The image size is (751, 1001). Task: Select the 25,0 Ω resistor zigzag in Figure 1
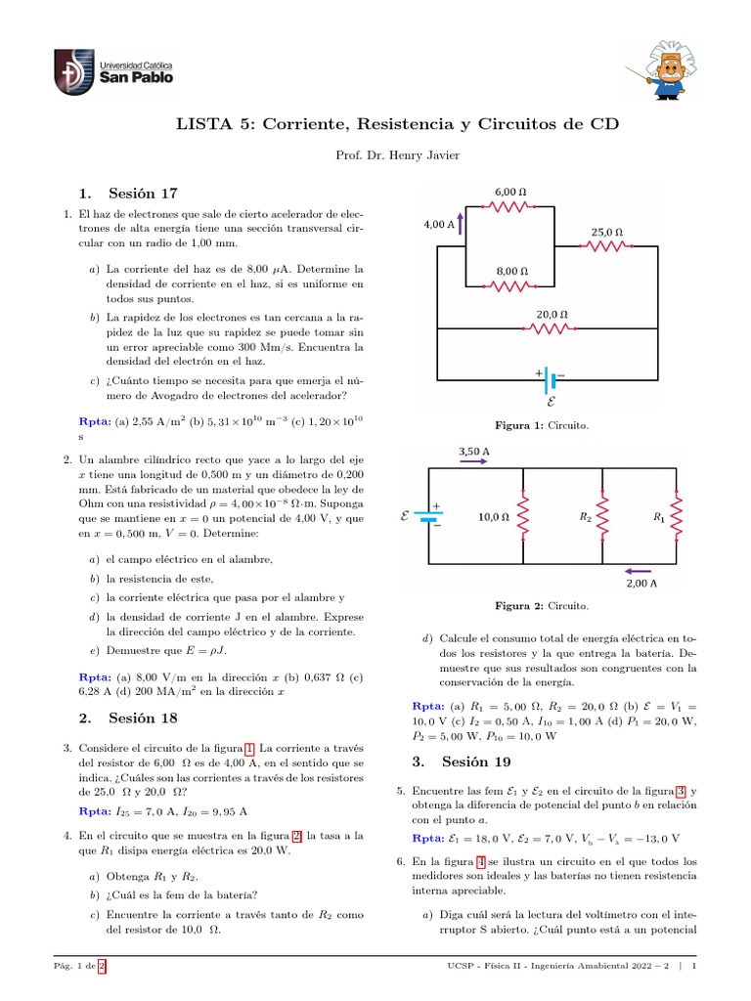coord(606,247)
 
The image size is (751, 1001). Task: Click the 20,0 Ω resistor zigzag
coord(552,329)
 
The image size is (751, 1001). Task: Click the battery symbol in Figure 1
coord(550,377)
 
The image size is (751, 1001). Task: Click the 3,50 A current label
coord(473,452)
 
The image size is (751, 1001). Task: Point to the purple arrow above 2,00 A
coord(640,571)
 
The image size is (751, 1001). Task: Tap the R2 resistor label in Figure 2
coord(584,517)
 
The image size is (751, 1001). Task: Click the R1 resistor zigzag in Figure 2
coord(676,517)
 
